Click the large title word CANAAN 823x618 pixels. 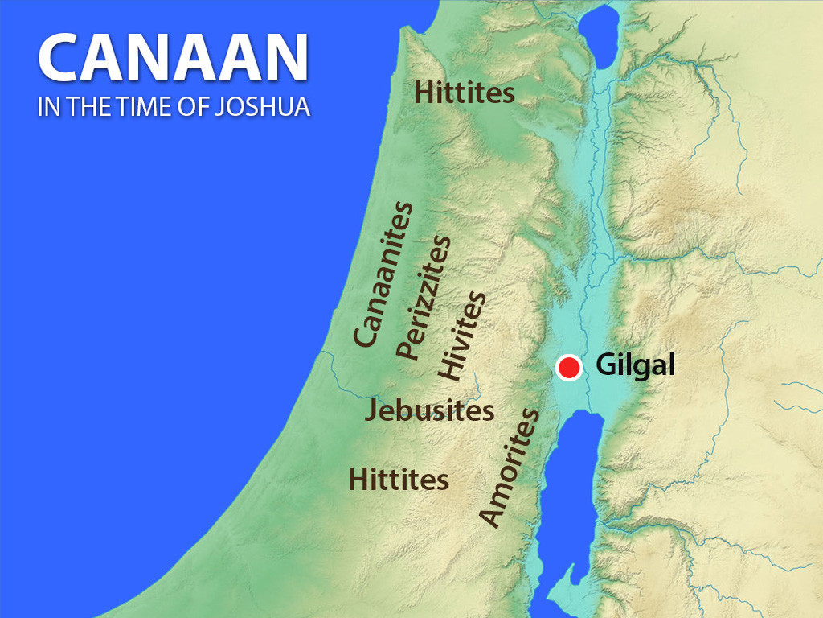coord(173,60)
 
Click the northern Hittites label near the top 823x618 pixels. coord(464,93)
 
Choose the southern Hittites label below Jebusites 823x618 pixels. coord(398,480)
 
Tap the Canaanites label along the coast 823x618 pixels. coord(384,274)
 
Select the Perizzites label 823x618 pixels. coord(424,297)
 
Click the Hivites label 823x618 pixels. coord(462,335)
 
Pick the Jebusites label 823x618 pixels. coord(429,411)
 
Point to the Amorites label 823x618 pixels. coord(508,468)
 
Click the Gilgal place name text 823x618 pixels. coord(635,366)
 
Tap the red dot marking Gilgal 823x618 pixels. coord(569,368)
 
